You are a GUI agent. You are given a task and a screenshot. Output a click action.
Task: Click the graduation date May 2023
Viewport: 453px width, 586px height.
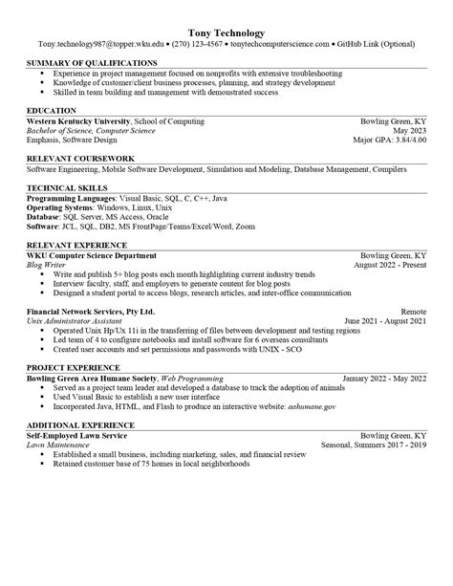(x=407, y=131)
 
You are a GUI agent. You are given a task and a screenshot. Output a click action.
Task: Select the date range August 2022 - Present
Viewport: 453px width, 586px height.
(x=390, y=265)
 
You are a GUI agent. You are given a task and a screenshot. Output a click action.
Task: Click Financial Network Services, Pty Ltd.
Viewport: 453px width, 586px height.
(x=90, y=312)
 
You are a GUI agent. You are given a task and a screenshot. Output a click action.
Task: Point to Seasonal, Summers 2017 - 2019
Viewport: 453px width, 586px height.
(x=376, y=443)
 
